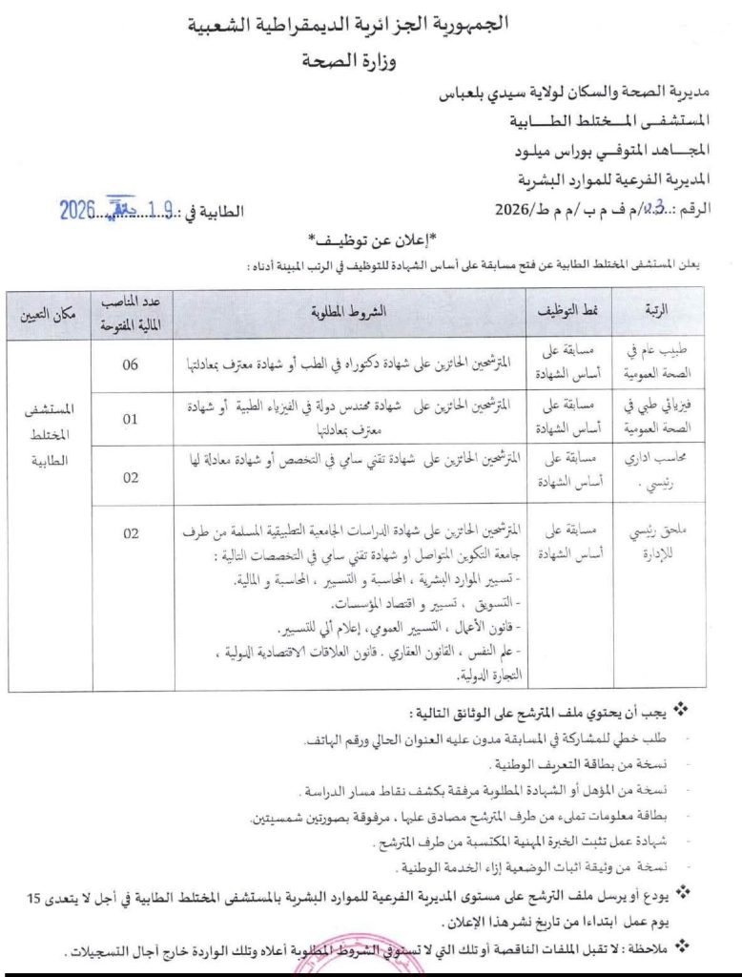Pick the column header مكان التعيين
[55, 312]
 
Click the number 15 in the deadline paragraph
[34, 900]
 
